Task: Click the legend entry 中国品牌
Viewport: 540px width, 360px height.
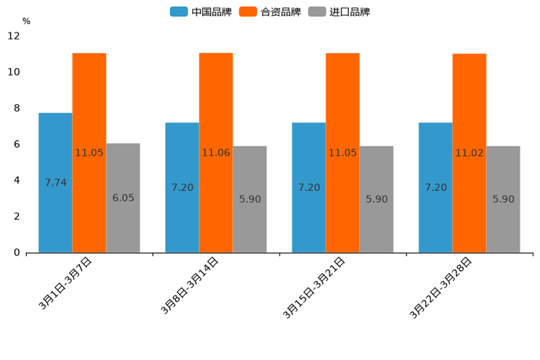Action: tap(202, 12)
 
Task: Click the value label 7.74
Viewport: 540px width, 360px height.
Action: tap(55, 182)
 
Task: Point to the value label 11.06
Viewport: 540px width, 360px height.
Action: tap(216, 152)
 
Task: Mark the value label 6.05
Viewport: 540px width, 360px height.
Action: tap(123, 197)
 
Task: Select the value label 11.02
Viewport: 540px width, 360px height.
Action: tap(470, 152)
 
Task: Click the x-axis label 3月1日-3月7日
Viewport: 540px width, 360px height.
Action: tap(65, 284)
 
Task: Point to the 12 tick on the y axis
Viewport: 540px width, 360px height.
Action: tap(14, 36)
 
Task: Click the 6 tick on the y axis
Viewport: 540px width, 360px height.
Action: tap(16, 144)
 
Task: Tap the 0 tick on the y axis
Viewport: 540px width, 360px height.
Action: tap(16, 253)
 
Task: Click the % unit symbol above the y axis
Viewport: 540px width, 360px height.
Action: tap(26, 21)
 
